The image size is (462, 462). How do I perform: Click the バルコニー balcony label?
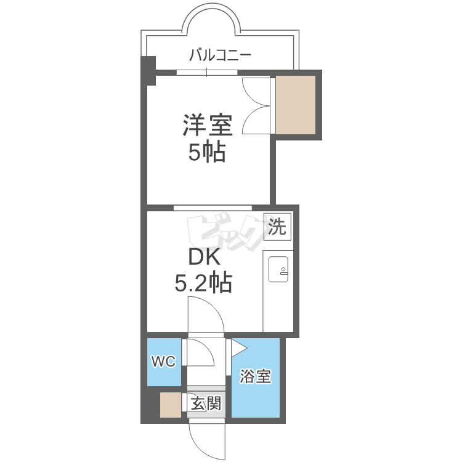pos(220,55)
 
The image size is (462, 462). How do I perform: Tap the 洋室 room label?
pos(208,125)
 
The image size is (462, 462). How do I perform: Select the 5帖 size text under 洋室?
pos(207,152)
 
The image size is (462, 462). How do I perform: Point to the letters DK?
pos(204,257)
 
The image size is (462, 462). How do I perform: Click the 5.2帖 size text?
pos(204,283)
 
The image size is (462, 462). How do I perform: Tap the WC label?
pos(163,361)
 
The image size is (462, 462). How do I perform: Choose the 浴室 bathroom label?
pos(255,376)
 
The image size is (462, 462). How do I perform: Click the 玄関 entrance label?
pos(206,403)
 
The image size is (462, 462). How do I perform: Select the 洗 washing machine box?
pos(277,227)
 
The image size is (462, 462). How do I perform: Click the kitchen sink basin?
pos(278,269)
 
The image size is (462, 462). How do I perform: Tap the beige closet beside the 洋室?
pos(296,105)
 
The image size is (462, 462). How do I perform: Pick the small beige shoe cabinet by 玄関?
pos(170,405)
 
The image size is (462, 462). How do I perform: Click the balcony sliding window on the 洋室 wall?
pos(207,73)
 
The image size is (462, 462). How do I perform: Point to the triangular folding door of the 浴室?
pos(238,348)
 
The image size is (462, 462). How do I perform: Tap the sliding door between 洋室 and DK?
pos(213,208)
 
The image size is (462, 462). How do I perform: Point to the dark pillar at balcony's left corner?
pos(148,70)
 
